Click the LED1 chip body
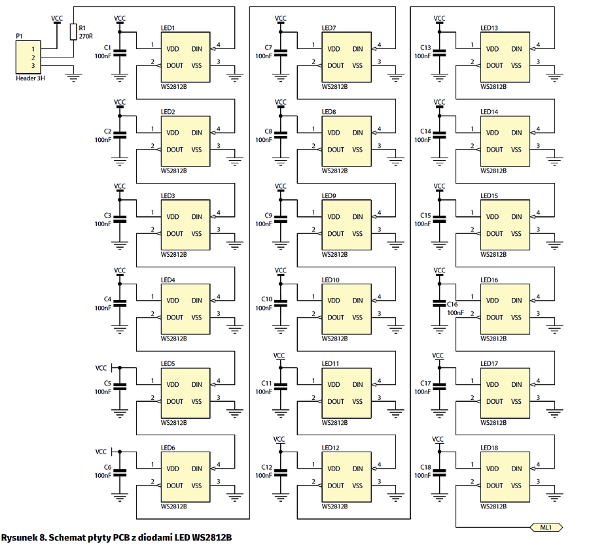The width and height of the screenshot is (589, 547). coord(185,58)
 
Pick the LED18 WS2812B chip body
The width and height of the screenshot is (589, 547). coord(505,477)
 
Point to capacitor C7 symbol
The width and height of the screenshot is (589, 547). coord(281,52)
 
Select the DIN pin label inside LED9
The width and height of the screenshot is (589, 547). coord(357,217)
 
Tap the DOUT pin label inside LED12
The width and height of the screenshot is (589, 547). coord(336,486)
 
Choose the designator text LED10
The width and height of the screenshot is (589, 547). coord(330,280)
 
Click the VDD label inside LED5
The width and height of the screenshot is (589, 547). coord(173,385)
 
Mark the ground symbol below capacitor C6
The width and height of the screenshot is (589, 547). coord(119,497)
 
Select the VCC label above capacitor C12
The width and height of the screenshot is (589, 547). coord(279,439)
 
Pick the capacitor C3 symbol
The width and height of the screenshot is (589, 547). coord(119,220)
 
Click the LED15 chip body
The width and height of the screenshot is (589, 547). coord(505,225)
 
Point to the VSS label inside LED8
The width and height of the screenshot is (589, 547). coord(357,150)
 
